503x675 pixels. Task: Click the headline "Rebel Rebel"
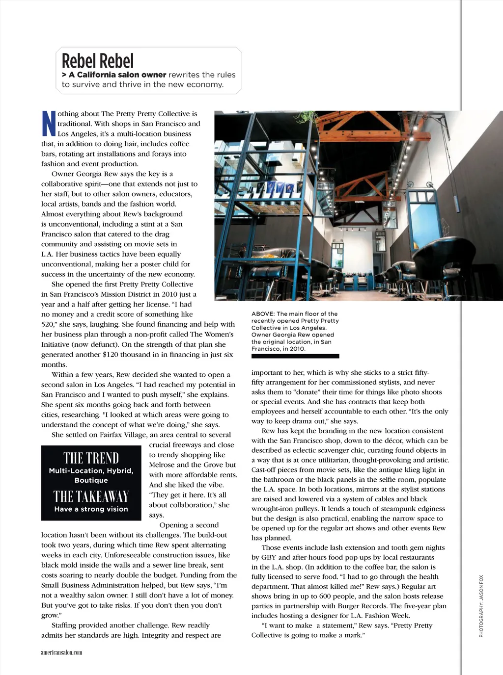click(98, 61)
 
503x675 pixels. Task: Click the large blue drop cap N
click(48, 124)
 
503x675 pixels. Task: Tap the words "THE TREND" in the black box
click(91, 458)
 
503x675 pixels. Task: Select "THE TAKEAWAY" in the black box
click(91, 496)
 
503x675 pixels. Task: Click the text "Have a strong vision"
click(91, 509)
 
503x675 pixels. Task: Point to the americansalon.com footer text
click(61, 652)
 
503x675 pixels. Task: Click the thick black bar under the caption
click(295, 356)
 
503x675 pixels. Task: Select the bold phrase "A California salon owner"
click(117, 75)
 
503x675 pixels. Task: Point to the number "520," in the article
click(49, 324)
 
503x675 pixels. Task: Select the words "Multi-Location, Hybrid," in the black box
click(91, 471)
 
